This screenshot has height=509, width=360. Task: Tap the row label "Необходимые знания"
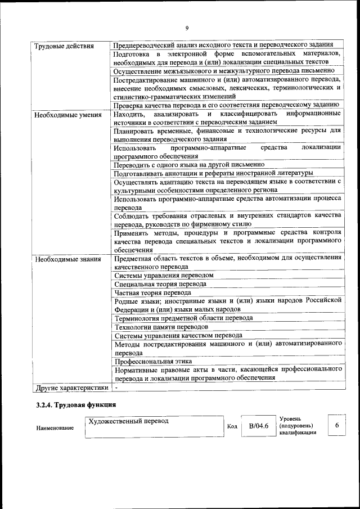pyautogui.click(x=67, y=260)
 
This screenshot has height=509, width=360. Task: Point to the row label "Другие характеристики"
pyautogui.click(x=72, y=388)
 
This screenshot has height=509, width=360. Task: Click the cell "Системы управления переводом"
pyautogui.click(x=164, y=276)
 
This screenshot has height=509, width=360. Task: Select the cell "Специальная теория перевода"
pyautogui.click(x=160, y=284)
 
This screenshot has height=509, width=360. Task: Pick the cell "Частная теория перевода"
pyautogui.click(x=152, y=292)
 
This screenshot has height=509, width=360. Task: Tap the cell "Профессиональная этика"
pyautogui.click(x=153, y=361)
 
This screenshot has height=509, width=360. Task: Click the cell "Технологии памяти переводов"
pyautogui.click(x=161, y=327)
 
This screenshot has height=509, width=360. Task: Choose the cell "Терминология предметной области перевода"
pyautogui.click(x=183, y=318)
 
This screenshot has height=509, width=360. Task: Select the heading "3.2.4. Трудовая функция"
pyautogui.click(x=76, y=405)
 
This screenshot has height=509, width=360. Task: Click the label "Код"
pyautogui.click(x=231, y=426)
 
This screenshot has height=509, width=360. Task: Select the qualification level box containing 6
pyautogui.click(x=336, y=426)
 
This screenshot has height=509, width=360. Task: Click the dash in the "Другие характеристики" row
pyautogui.click(x=116, y=388)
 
